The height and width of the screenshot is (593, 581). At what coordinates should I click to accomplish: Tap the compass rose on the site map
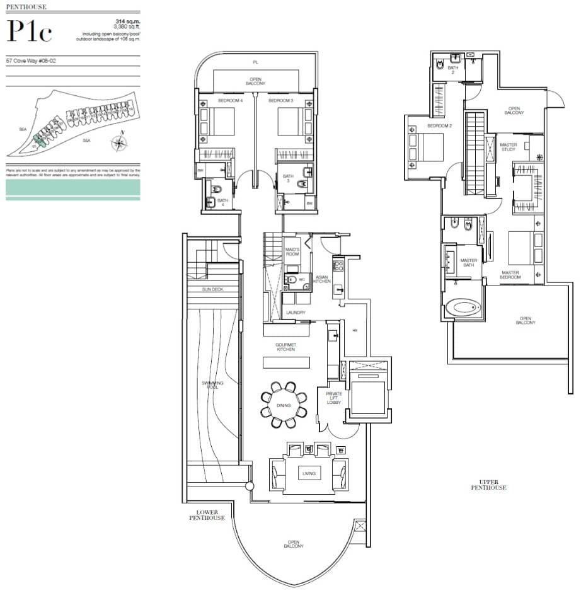point(119,143)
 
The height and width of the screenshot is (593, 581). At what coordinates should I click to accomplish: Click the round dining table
point(284,405)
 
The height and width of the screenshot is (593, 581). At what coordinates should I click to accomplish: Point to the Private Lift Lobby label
point(333,398)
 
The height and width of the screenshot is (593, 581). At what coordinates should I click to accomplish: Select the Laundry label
point(295,313)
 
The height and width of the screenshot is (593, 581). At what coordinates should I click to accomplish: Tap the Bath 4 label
point(222,201)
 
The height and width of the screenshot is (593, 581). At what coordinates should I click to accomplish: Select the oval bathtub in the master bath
point(463,309)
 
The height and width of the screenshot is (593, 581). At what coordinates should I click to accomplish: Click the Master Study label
point(508,147)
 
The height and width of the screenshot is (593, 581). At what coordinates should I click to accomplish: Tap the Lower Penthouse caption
point(207,514)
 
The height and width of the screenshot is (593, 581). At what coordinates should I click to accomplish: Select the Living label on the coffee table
point(308,473)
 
